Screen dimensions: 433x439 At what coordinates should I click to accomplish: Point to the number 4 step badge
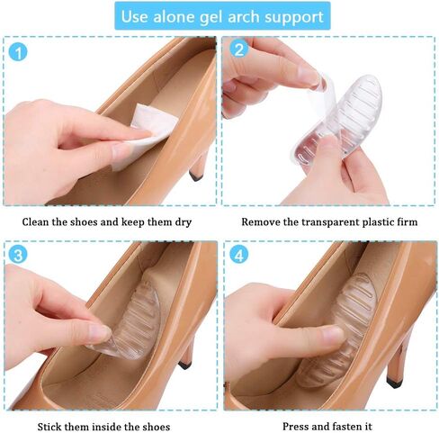(238, 256)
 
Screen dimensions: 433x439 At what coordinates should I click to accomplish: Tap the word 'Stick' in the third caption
(53, 425)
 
